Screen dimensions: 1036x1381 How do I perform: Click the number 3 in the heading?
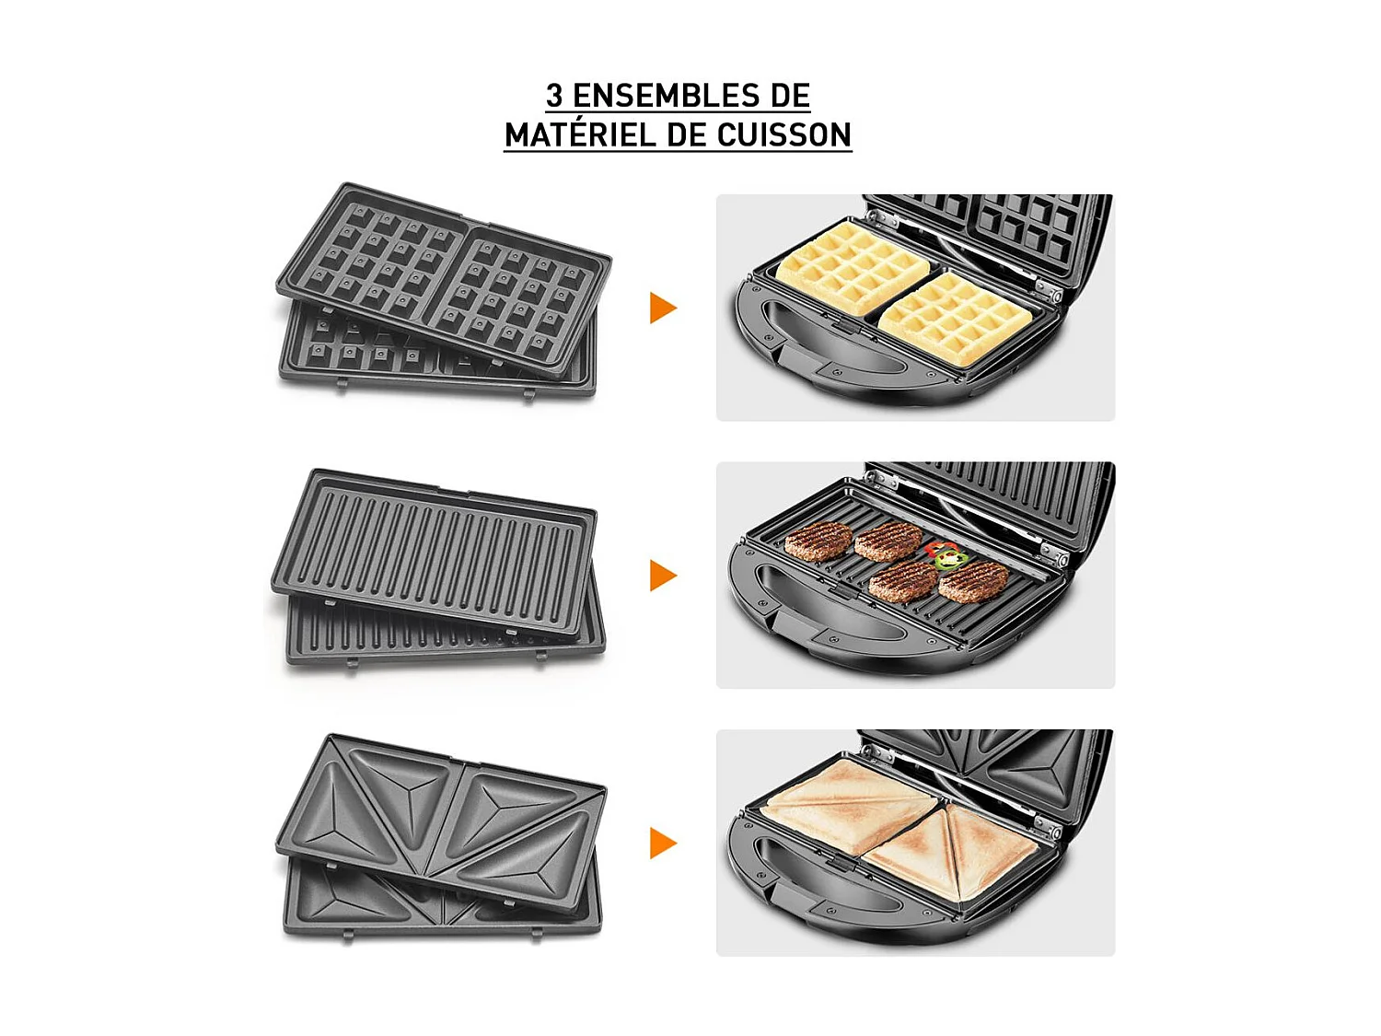pos(554,96)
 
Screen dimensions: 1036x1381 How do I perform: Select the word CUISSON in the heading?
pos(784,135)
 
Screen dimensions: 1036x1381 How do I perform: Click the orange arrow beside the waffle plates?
pos(662,308)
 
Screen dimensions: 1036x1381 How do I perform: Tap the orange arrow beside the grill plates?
pos(662,576)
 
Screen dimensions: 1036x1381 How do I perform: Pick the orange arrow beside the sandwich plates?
pos(662,843)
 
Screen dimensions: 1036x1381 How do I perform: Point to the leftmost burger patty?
pos(818,540)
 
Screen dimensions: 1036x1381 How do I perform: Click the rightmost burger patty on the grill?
pos(974,580)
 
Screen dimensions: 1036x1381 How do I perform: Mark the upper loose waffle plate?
pos(442,276)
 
